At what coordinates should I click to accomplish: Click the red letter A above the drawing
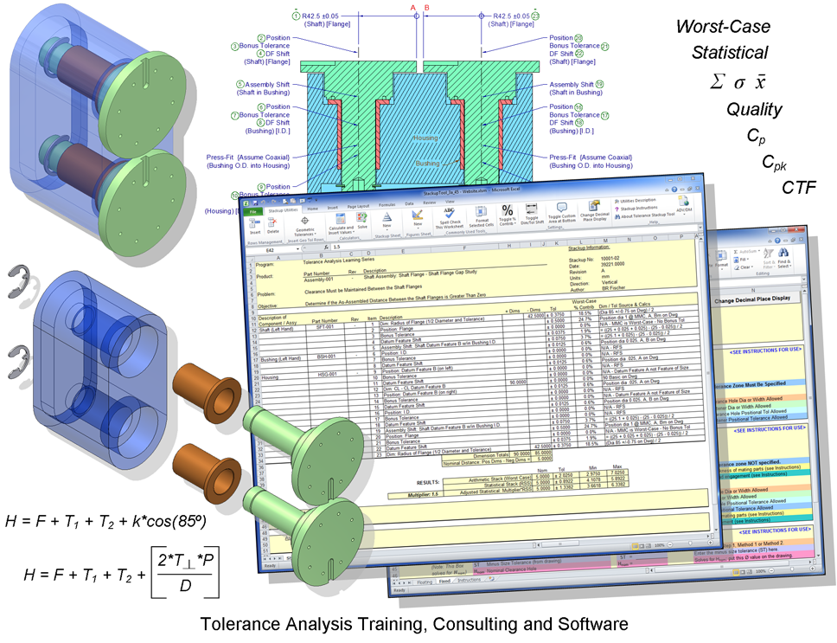413,8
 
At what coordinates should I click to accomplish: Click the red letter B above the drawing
425,8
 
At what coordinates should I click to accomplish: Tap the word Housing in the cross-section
426,138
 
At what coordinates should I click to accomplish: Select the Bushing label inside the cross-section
427,163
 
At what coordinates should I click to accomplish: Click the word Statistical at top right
729,52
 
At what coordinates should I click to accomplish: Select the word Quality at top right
754,110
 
